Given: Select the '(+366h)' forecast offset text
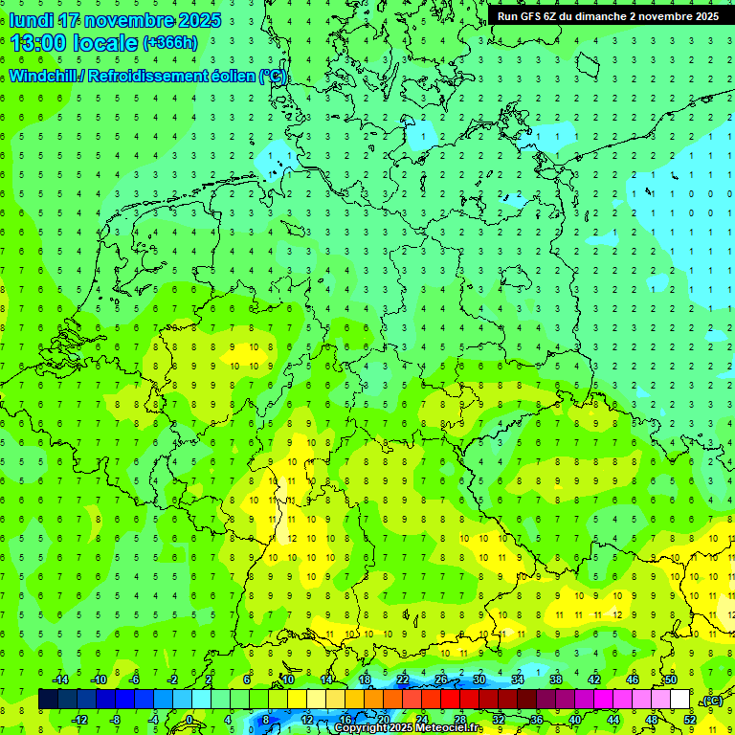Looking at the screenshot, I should (170, 43).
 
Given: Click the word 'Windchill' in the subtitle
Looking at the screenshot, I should (43, 77).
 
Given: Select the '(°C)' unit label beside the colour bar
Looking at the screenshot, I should (711, 701).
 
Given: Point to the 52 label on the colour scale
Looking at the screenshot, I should (689, 719).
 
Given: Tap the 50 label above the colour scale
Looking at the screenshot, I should (671, 679).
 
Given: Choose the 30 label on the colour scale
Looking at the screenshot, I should (479, 679).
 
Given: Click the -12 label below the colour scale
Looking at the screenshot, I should (79, 719).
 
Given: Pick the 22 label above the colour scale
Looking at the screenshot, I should (402, 679).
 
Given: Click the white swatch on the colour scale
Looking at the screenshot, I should (679, 700).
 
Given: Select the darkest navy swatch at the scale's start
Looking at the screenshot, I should (48, 700).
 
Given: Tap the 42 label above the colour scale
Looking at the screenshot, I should (594, 679).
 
